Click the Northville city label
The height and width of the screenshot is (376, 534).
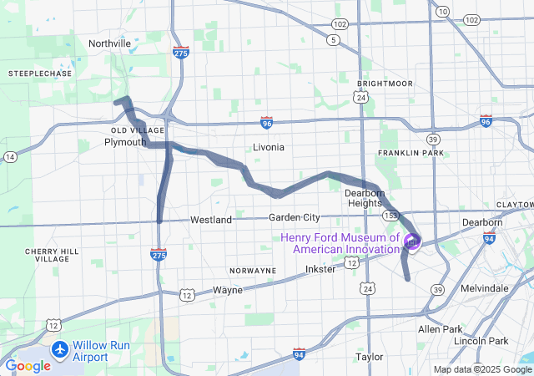[x=110, y=43]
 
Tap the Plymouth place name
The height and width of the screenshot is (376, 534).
[x=125, y=142]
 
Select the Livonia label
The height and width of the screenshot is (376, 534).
[x=269, y=147]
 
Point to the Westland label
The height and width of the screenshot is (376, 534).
[x=211, y=220]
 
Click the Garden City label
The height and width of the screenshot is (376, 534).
[x=295, y=217]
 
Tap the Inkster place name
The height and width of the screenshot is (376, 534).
[x=321, y=269]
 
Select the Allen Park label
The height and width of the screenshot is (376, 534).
[x=441, y=329]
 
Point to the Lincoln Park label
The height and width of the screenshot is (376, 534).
[x=481, y=341]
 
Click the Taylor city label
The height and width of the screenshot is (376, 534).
[x=369, y=357]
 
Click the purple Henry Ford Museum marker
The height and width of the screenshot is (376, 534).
[x=412, y=242]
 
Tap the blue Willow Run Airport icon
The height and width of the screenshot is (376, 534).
[x=59, y=348]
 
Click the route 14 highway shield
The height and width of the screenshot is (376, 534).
[x=10, y=156]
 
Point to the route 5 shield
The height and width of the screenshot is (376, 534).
[x=334, y=39]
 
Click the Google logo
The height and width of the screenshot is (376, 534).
[x=28, y=366]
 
